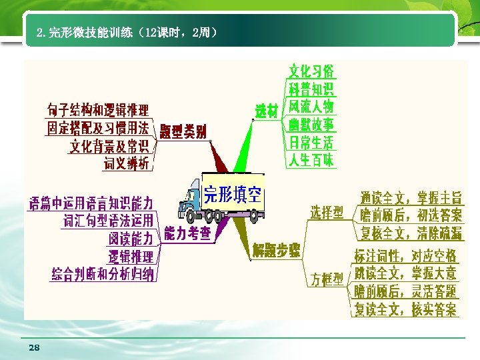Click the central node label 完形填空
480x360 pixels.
[x=233, y=195]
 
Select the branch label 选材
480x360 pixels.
[x=267, y=111]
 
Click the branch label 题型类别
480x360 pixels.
[x=183, y=131]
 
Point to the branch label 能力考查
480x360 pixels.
[x=187, y=233]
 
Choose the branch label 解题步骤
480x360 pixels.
[x=276, y=251]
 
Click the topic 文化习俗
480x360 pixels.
[x=311, y=71]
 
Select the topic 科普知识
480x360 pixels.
[x=311, y=89]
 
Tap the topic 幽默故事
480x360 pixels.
[x=311, y=124]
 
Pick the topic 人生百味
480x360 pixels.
[x=311, y=160]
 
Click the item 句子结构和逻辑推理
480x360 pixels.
[x=98, y=110]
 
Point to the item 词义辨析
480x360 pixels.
[x=127, y=163]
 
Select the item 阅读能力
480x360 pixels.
[x=131, y=238]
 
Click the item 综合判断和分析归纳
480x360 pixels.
[x=103, y=273]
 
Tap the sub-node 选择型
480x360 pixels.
[x=327, y=213]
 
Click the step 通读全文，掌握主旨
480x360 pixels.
[x=411, y=198]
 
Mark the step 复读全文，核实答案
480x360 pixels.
[x=405, y=309]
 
